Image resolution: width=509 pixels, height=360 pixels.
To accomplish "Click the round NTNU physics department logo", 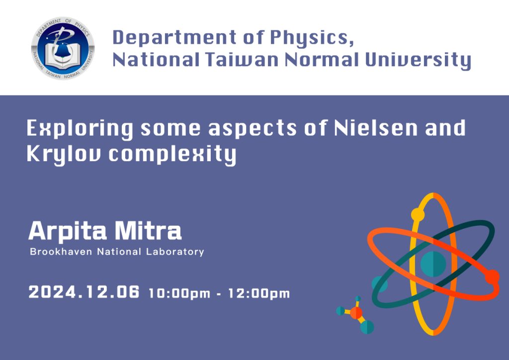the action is [63, 48].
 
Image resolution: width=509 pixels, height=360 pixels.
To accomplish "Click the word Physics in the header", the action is [312, 38].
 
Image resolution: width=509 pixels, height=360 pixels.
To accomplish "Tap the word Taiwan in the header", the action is [242, 60].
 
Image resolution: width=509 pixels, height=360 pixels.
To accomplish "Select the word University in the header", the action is [418, 61].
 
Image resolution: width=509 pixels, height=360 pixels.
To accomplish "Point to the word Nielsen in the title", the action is [376, 128].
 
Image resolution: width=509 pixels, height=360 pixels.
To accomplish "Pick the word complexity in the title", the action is [172, 154].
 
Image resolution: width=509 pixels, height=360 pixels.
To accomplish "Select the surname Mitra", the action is [148, 231].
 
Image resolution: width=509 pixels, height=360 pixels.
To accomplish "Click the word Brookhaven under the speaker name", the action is [61, 252].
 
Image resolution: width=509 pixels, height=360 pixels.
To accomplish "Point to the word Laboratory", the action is [175, 252].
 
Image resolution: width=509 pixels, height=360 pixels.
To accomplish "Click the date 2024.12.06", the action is [84, 292].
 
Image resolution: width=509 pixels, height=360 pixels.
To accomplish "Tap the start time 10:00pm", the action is [179, 293].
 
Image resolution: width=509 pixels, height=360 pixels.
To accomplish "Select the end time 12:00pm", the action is [258, 293].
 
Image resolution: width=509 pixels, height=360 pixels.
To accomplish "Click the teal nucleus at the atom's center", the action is [433, 264].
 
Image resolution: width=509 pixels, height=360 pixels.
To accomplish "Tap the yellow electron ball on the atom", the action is [418, 215].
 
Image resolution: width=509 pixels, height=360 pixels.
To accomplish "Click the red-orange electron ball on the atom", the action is [493, 277].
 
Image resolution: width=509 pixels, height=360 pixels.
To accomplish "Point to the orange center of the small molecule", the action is [356, 313].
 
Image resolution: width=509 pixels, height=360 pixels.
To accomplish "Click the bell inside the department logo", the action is [61, 50].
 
